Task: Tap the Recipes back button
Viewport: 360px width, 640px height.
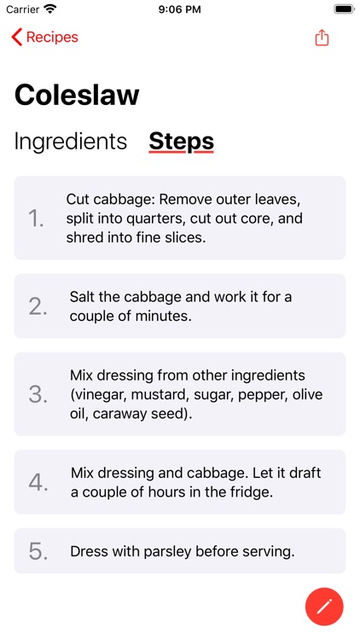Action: click(x=44, y=38)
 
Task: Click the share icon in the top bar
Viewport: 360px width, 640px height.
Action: click(x=322, y=38)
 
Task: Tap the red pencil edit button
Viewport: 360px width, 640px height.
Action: click(x=324, y=607)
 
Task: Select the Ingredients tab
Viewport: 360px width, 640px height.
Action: click(x=71, y=142)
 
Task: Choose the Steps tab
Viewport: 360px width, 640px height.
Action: click(x=181, y=142)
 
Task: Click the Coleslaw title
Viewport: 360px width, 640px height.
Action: click(x=77, y=95)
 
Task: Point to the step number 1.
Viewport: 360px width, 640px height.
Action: click(x=36, y=219)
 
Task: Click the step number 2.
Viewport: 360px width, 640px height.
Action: click(x=38, y=306)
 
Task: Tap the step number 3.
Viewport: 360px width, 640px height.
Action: click(x=38, y=395)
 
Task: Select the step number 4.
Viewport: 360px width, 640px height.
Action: click(x=38, y=483)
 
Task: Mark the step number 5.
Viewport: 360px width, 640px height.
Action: click(x=38, y=551)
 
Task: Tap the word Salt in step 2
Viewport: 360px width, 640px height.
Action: click(x=83, y=297)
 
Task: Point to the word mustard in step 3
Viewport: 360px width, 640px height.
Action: click(x=161, y=395)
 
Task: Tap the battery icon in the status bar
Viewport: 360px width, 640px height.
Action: click(x=344, y=9)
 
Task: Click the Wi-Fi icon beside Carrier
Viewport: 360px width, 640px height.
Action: click(x=50, y=9)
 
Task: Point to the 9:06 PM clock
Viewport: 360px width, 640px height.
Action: click(x=180, y=9)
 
